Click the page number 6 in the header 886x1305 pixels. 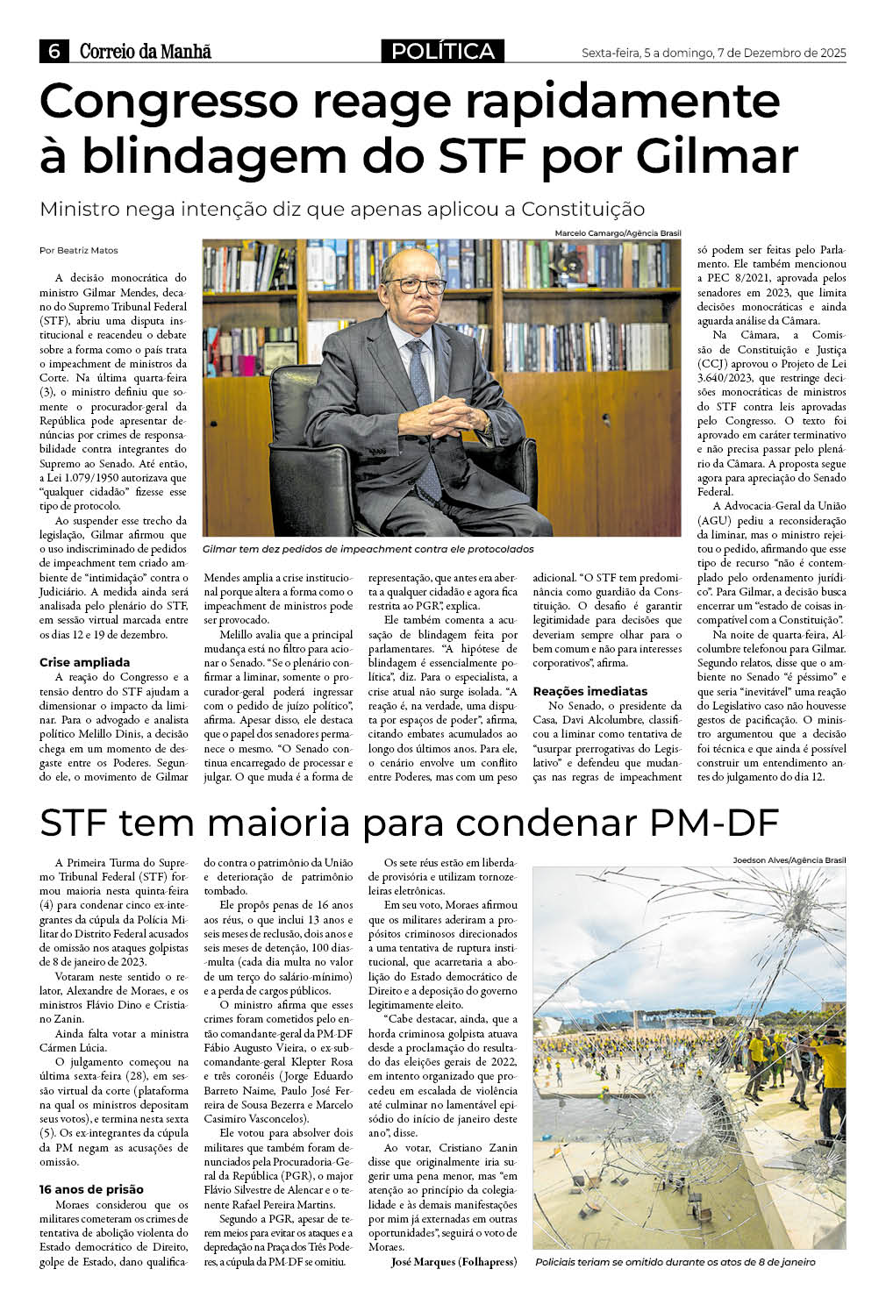(54, 52)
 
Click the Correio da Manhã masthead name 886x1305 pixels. (146, 52)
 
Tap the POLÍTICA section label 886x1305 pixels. (443, 52)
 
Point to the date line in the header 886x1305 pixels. (713, 53)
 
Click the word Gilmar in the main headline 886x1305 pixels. (717, 155)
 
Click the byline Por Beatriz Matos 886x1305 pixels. (79, 250)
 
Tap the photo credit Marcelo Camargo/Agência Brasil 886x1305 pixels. (618, 233)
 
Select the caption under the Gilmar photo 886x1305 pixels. (368, 549)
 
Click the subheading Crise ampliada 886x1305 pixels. (84, 662)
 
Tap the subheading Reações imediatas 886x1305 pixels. (589, 691)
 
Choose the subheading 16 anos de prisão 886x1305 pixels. (91, 1189)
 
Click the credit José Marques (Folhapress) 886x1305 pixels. (454, 1261)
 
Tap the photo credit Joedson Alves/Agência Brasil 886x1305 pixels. (790, 860)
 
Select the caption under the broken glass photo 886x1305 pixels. (675, 1262)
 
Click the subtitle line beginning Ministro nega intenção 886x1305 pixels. (342, 209)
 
